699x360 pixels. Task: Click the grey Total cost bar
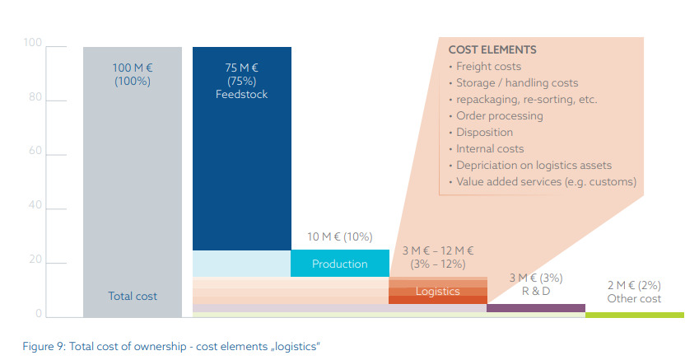[132, 181]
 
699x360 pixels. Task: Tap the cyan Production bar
[339, 264]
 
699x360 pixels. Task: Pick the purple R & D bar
[535, 308]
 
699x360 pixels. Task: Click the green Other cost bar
[634, 315]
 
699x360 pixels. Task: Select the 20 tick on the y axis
[33, 260]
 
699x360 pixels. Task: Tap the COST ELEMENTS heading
[492, 49]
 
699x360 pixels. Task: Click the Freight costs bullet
[488, 67]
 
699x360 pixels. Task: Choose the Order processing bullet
[499, 115]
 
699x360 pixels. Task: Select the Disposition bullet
[484, 132]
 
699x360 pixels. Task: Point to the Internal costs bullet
[490, 148]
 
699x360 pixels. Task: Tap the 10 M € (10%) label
[339, 237]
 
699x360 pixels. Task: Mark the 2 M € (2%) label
[634, 285]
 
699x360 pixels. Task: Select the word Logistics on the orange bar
[437, 292]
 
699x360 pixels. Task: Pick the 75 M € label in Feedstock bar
[241, 68]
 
